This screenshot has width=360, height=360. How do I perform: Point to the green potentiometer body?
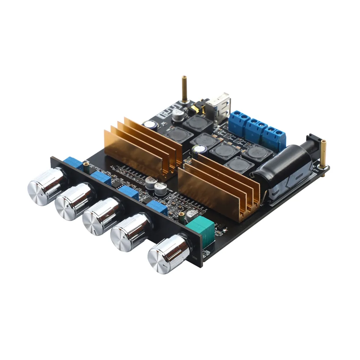(200, 230)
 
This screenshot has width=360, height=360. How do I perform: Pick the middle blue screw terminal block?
(256, 130)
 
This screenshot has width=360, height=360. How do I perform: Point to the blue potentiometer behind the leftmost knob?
(74, 163)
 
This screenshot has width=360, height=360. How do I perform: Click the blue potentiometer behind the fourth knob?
(157, 207)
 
